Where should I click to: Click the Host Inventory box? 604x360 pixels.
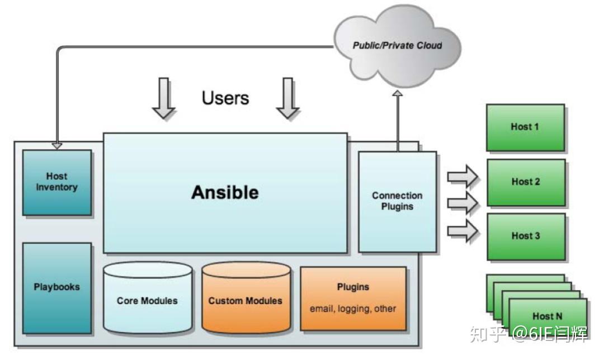point(56,182)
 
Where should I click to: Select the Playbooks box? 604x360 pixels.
point(56,287)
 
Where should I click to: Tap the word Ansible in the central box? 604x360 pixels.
point(225,192)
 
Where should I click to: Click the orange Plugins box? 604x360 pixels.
point(353,298)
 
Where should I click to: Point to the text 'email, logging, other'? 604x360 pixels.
point(353,309)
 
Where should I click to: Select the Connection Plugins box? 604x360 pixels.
point(397,201)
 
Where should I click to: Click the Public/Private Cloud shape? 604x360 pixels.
point(397,45)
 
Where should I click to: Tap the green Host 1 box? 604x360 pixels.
point(525,127)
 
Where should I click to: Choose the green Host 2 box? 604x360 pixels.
point(525,182)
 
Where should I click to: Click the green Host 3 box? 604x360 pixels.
point(525,235)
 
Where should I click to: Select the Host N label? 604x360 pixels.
point(547,316)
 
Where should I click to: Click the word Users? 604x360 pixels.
point(225,98)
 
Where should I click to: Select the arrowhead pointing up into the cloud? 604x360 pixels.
point(397,94)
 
